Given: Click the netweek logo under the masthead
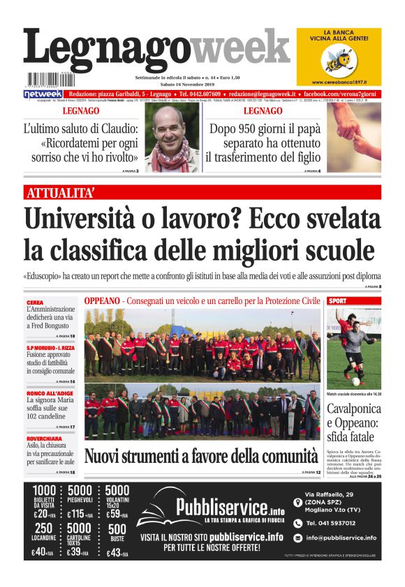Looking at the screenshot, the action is click(x=43, y=93).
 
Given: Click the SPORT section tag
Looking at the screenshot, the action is click(x=337, y=300).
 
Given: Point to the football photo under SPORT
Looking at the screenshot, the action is click(x=354, y=349).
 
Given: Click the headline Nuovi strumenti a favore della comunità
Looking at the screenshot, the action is click(x=200, y=457).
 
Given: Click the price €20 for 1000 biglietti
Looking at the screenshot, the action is click(x=43, y=514).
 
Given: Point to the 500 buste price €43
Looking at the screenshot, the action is click(x=117, y=553).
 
